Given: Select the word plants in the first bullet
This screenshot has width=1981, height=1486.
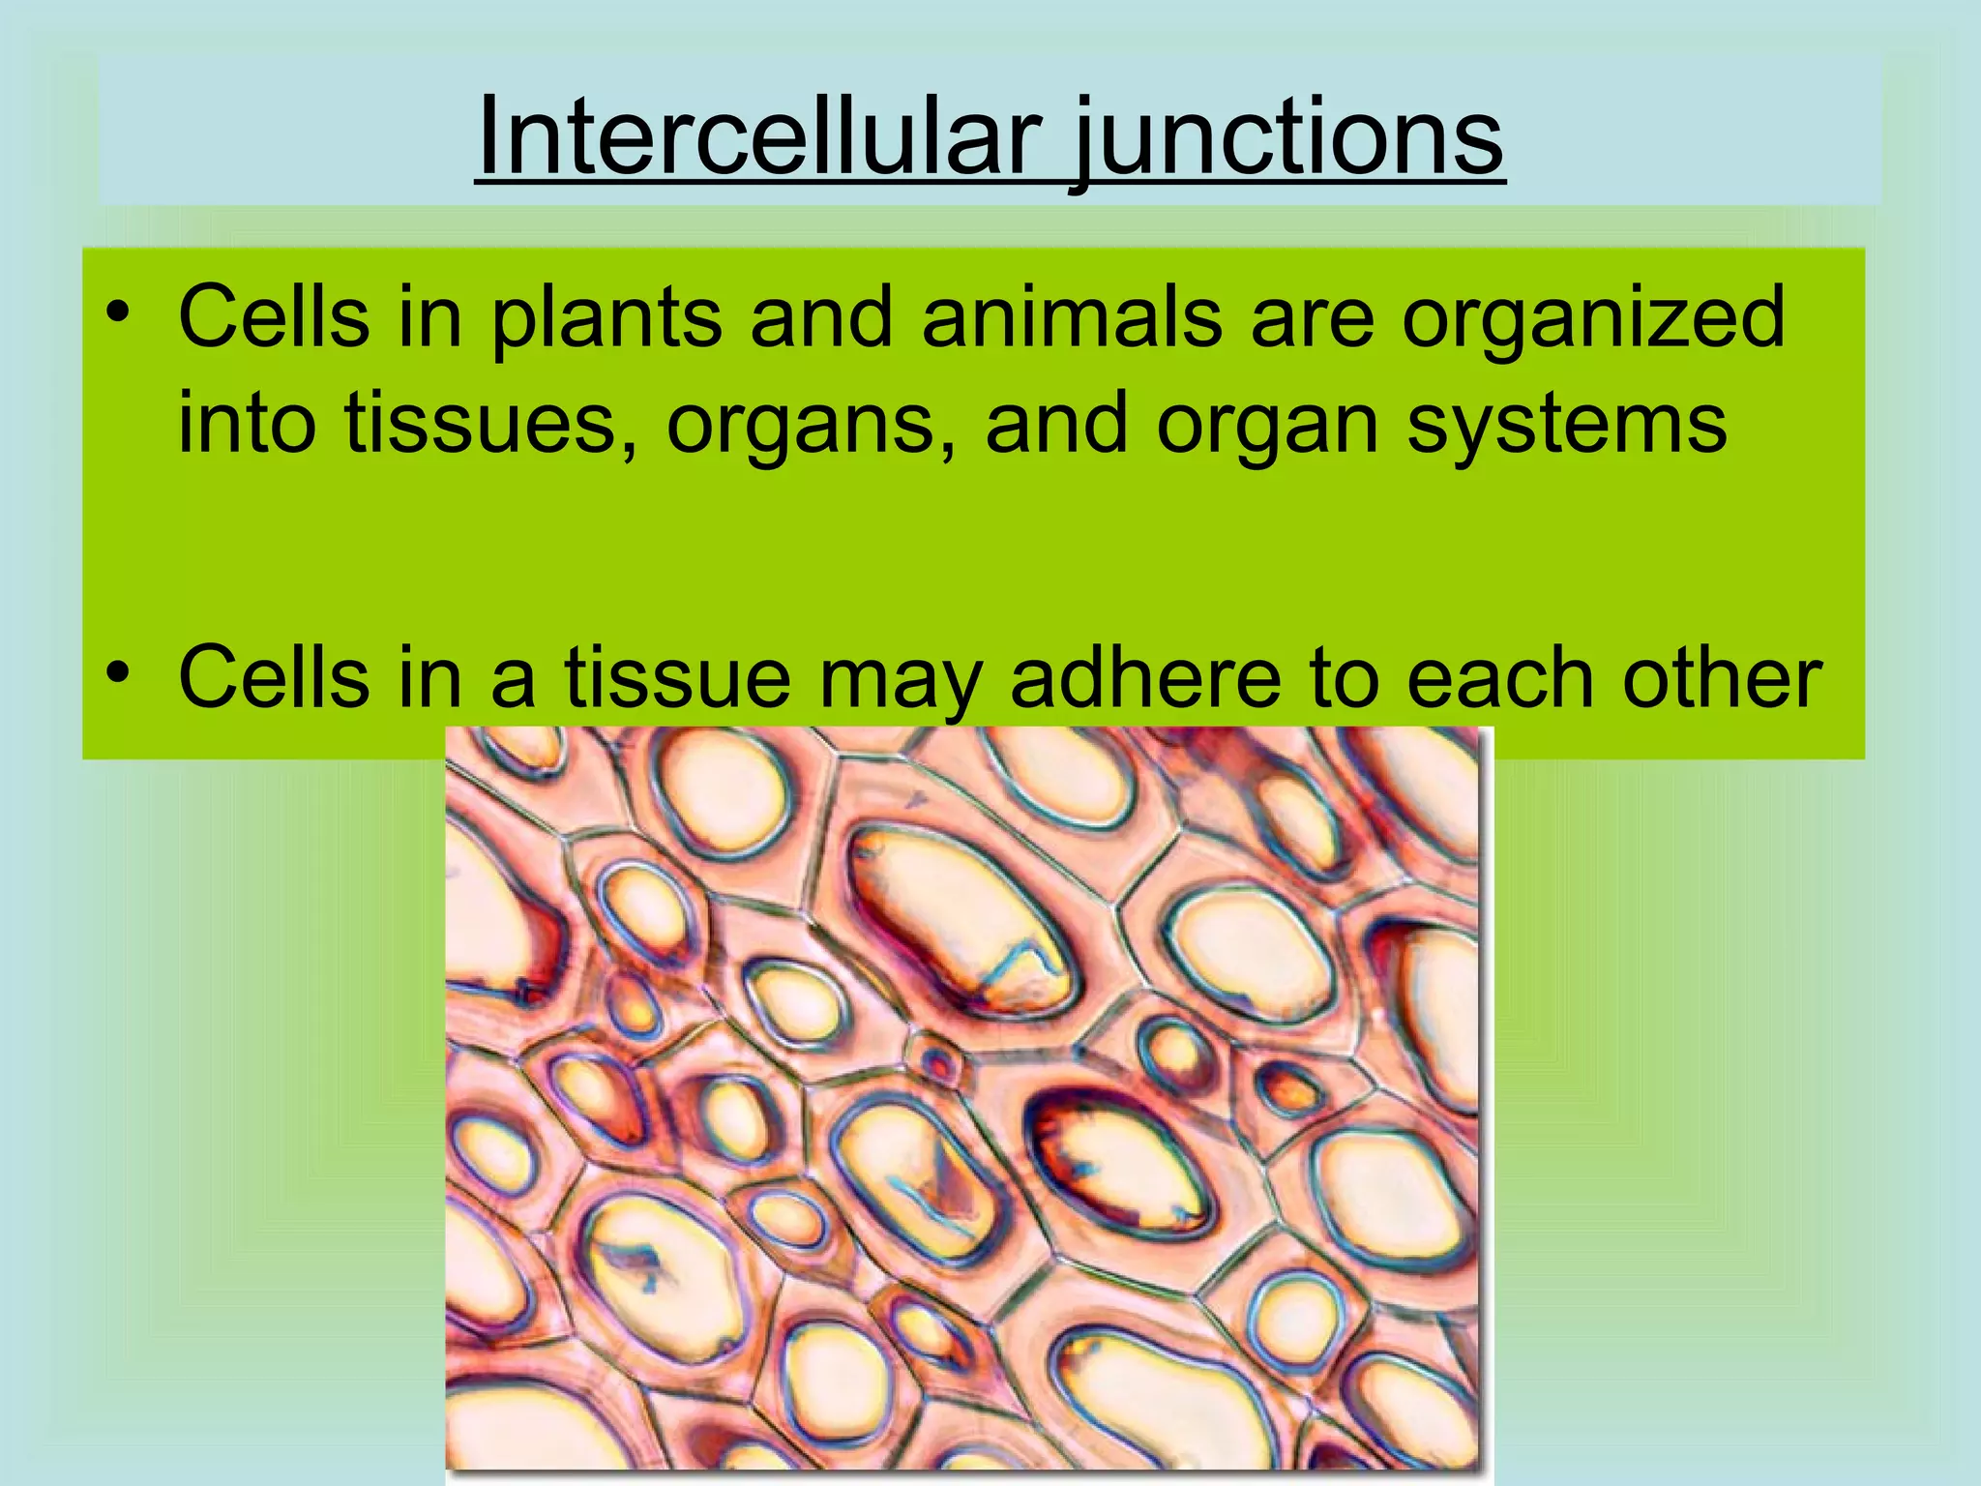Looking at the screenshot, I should coord(606,319).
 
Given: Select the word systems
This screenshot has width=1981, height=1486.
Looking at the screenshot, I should coord(1566,426).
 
